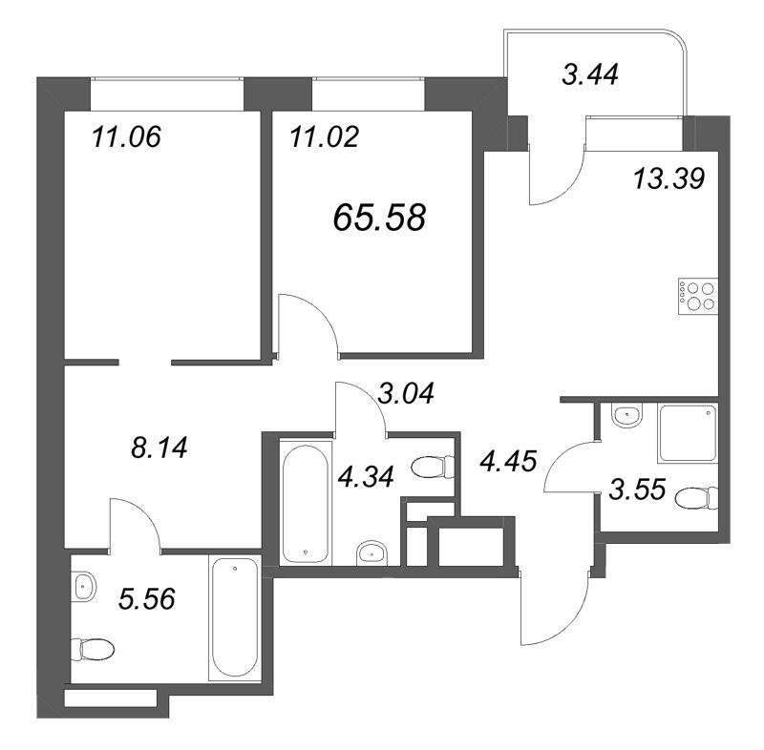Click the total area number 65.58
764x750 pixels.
pos(379,219)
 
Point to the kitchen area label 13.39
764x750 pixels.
pos(668,177)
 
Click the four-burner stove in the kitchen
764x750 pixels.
pos(696,296)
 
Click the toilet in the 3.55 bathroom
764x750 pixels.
pos(696,497)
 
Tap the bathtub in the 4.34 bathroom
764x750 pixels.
pos(305,500)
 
